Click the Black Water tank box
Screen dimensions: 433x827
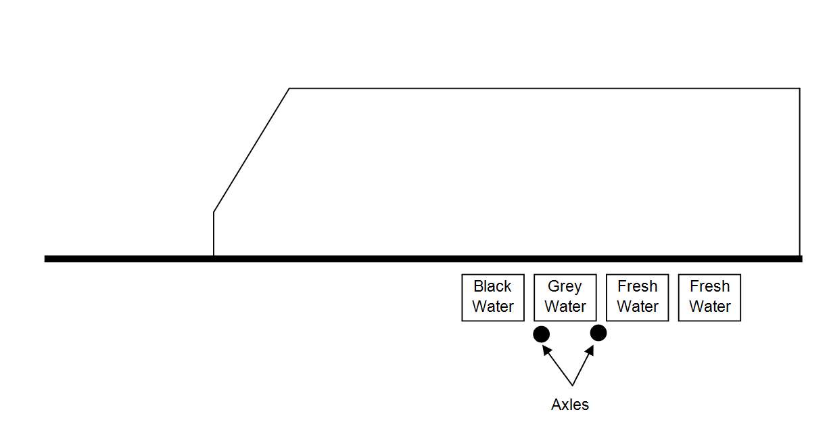coord(493,298)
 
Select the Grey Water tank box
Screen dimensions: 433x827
coord(565,298)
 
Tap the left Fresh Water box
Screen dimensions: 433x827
coord(637,298)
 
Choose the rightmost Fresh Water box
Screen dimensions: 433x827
coord(709,298)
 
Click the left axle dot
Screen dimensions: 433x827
coord(541,334)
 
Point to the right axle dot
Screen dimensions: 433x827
coord(598,333)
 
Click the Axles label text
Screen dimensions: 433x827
coord(570,405)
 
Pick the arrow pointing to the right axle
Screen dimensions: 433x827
coord(583,365)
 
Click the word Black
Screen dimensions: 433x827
coord(493,287)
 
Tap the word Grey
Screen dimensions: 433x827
coord(565,287)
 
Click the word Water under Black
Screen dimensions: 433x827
coord(493,306)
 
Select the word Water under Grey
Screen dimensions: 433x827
coord(565,306)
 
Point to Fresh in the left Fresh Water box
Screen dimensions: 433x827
coord(637,287)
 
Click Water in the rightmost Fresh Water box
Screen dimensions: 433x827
coord(709,306)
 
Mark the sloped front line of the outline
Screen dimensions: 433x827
coord(252,150)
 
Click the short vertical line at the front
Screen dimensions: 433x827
coord(214,234)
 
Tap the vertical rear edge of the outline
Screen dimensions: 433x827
coord(800,173)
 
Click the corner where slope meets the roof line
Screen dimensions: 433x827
coord(289,89)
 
